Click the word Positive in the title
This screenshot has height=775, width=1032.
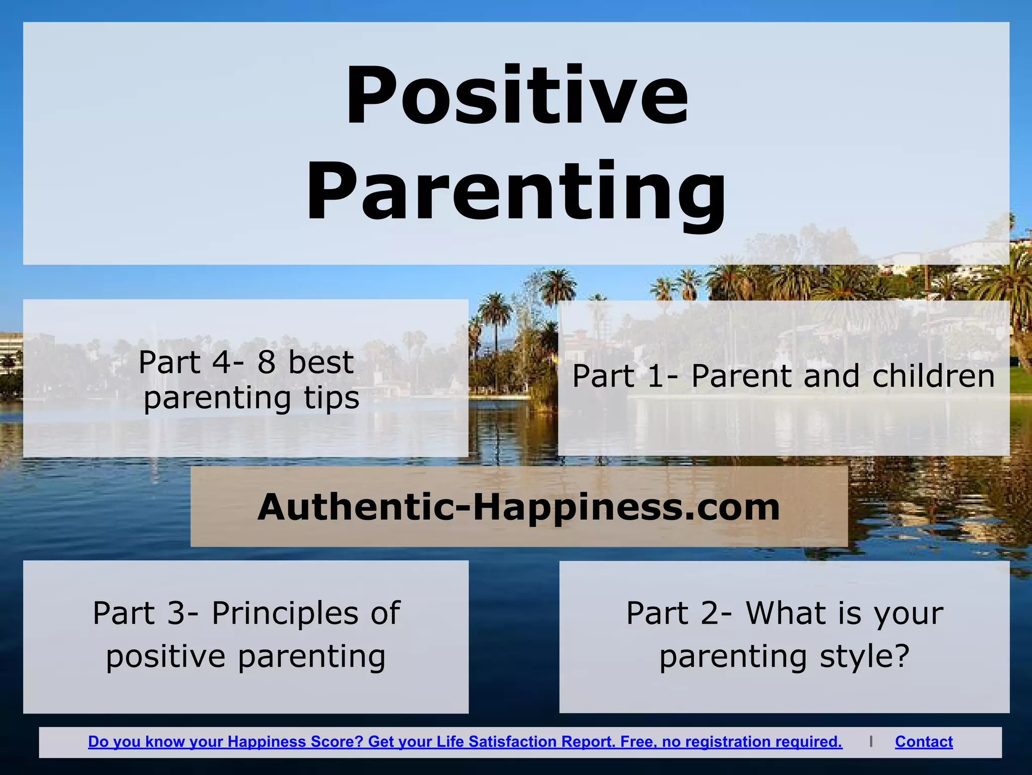(x=517, y=96)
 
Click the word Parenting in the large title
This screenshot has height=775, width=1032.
(x=517, y=192)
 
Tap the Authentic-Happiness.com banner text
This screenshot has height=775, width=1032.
(x=519, y=507)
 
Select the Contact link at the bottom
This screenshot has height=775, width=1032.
(x=924, y=742)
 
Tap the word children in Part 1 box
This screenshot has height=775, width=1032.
(x=933, y=376)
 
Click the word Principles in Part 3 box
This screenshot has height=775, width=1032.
(x=286, y=613)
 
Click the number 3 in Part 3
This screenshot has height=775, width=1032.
(x=177, y=613)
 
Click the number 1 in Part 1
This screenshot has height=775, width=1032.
(x=655, y=376)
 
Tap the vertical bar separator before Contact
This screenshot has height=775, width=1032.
(x=871, y=742)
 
